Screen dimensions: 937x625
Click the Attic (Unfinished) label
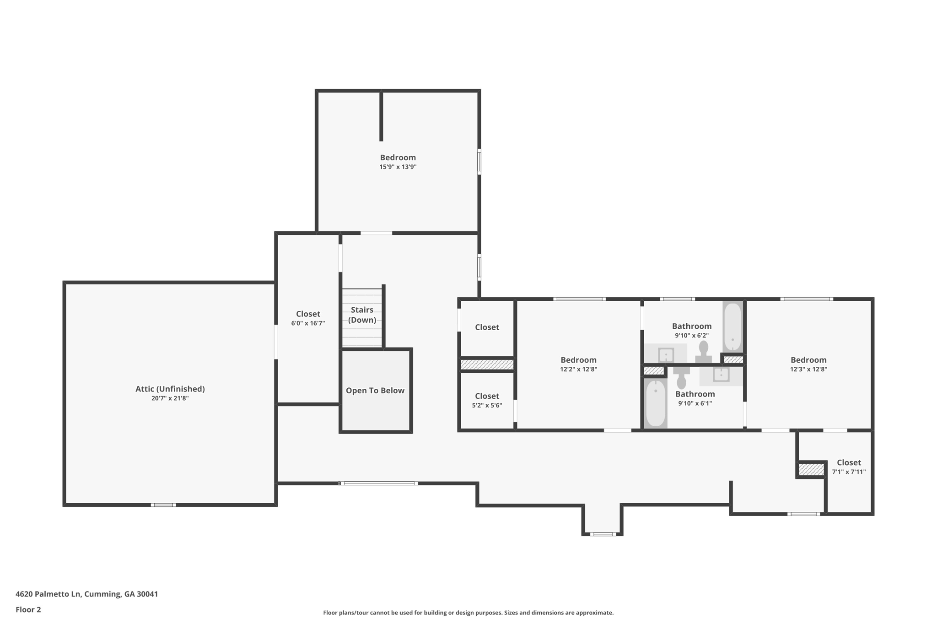coord(170,389)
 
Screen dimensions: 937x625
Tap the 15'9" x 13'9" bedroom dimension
coord(398,167)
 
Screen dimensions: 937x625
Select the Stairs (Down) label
coord(362,315)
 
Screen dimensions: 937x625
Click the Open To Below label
coord(375,391)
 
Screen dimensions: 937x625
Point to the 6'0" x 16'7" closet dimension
coord(308,323)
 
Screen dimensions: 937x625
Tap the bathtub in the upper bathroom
coord(732,326)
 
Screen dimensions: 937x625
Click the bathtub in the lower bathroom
coord(656,403)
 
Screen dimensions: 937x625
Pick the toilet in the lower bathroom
coord(681,377)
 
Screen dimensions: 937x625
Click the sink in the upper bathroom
coord(666,354)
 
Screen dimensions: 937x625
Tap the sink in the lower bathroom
coord(722,375)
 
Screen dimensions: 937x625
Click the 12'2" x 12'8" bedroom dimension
coord(578,370)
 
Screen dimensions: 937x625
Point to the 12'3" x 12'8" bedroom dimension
coord(808,370)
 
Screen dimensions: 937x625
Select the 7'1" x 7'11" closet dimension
coord(849,472)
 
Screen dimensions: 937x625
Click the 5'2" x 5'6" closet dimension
coord(487,406)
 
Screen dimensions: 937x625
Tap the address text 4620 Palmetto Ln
coord(48,594)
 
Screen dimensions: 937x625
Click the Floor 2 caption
coord(28,610)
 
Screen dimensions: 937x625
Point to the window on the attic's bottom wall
coord(163,505)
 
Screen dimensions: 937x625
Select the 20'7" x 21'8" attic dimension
coord(170,398)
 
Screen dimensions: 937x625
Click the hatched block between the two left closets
coord(487,364)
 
